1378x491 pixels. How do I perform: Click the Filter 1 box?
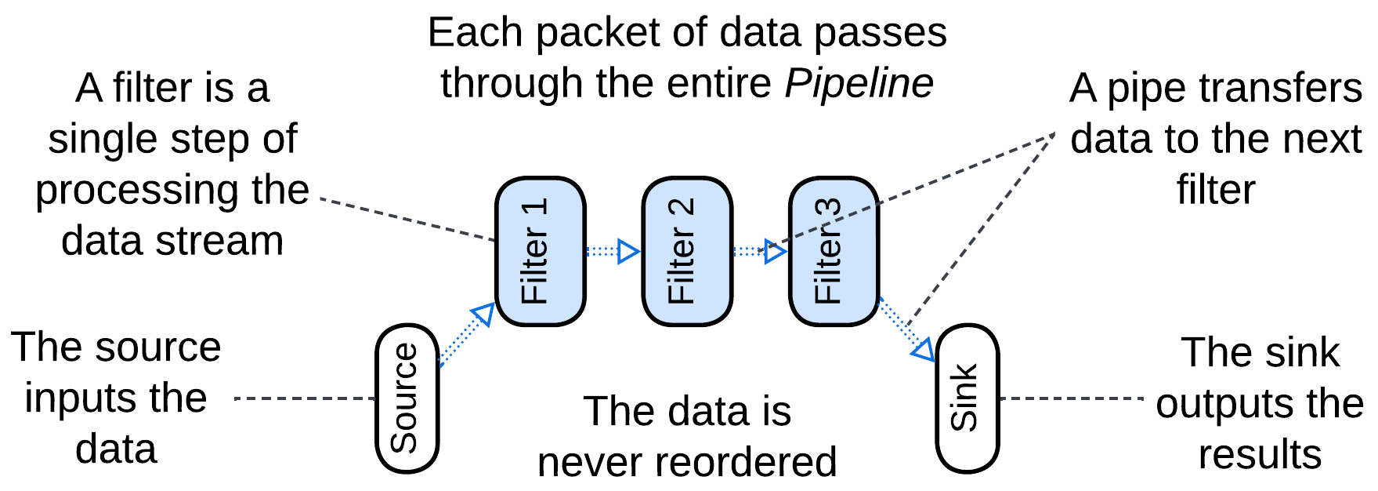[540, 251]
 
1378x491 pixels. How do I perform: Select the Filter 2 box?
[687, 251]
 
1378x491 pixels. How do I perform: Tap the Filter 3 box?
[834, 251]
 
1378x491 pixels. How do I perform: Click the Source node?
[407, 398]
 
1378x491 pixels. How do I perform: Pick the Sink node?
[967, 398]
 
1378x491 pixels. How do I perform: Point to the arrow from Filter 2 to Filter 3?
[760, 252]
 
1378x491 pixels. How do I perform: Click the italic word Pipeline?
[859, 83]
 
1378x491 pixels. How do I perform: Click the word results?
[1260, 455]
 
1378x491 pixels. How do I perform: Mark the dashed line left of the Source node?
[306, 398]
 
